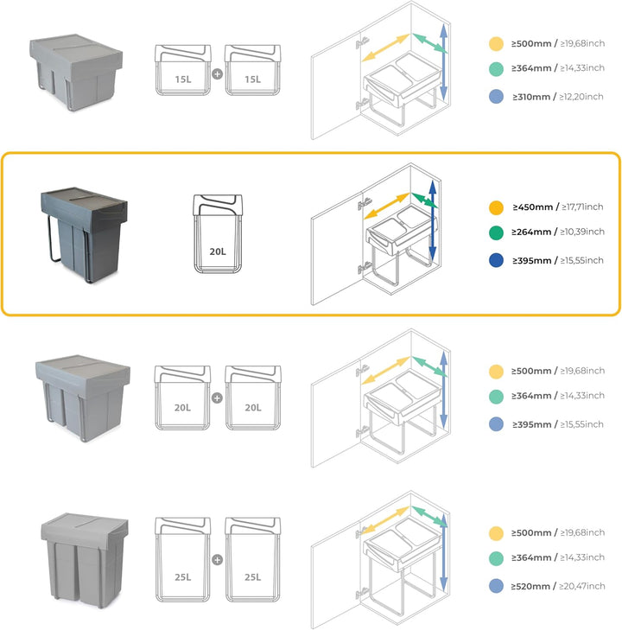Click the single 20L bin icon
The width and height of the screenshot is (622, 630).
[x=217, y=235]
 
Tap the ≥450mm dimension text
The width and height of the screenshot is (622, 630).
[x=534, y=207]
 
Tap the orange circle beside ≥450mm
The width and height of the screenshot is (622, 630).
[x=495, y=208]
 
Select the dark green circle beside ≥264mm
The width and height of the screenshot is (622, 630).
[x=495, y=232]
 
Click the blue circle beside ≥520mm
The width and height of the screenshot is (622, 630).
[x=495, y=587]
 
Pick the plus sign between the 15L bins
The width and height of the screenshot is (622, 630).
[x=217, y=74]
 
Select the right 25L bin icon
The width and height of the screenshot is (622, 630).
[x=252, y=558]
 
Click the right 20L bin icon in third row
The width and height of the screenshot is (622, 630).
[x=252, y=398]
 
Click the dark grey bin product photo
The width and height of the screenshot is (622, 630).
[x=82, y=230]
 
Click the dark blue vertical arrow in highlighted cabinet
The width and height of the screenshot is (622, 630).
[x=433, y=220]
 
